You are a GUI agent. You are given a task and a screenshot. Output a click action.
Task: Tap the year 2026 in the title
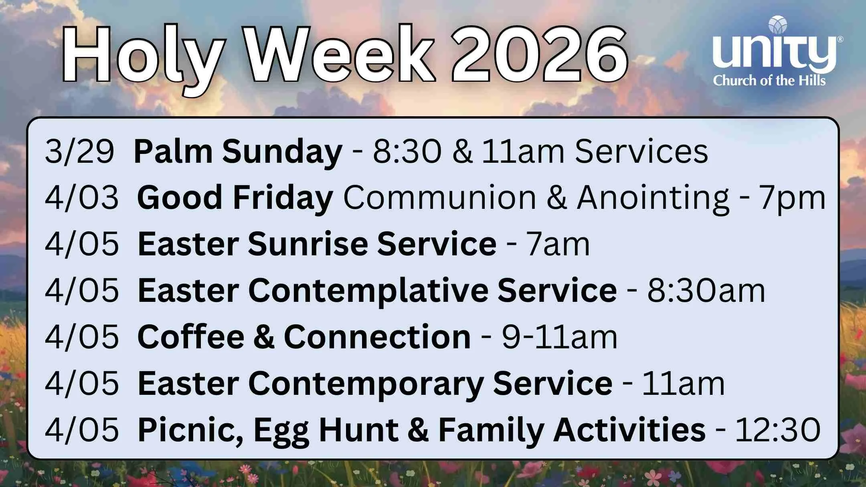click(x=539, y=54)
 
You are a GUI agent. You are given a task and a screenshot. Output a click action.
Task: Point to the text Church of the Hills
click(x=769, y=81)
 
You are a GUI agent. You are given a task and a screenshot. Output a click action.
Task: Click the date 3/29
click(x=79, y=152)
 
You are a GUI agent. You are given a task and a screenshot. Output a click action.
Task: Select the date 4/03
click(x=81, y=198)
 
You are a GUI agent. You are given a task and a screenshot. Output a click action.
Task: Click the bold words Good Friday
click(x=235, y=198)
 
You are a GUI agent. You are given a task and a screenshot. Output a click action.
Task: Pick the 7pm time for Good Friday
click(x=792, y=198)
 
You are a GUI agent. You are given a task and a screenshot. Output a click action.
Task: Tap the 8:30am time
click(x=706, y=291)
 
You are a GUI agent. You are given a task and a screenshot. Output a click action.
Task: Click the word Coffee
click(x=191, y=337)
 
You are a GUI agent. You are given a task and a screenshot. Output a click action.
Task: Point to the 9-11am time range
click(x=559, y=337)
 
